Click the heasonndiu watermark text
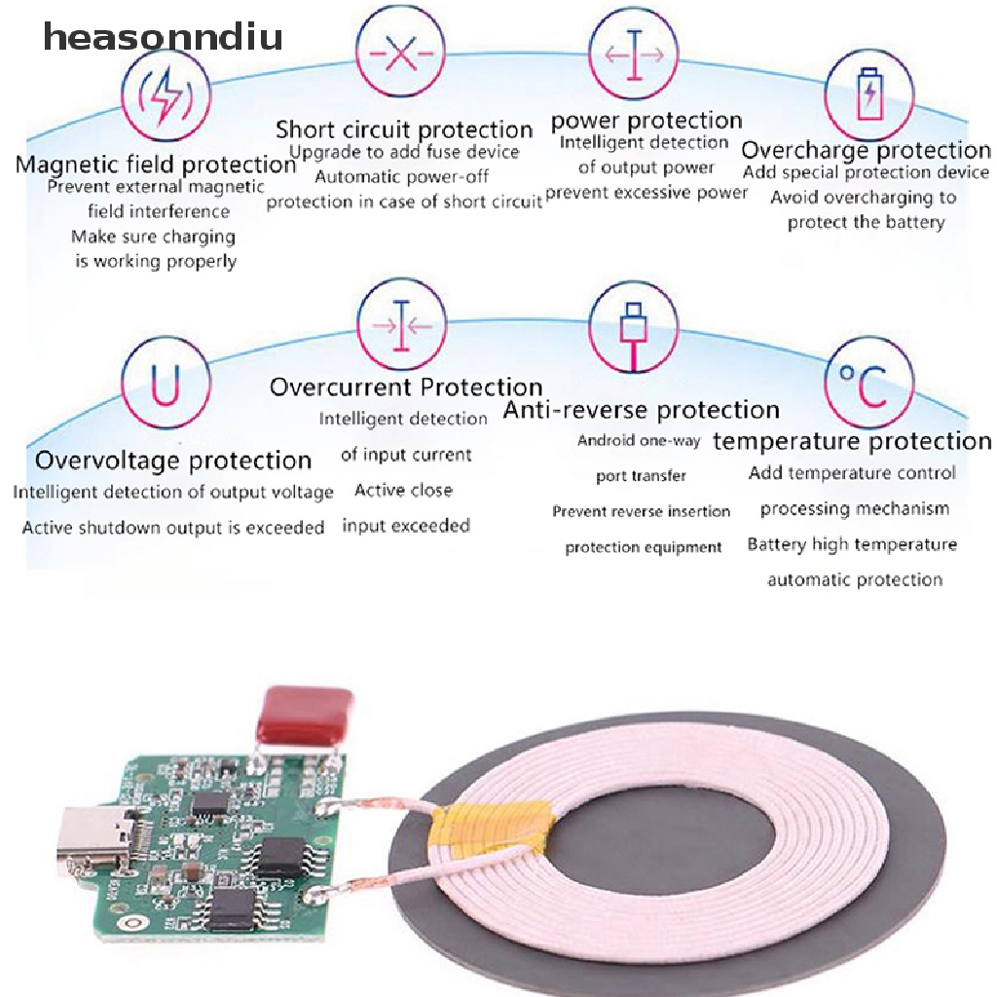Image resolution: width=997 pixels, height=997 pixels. tap(163, 36)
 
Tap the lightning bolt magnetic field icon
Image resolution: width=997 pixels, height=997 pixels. tap(166, 95)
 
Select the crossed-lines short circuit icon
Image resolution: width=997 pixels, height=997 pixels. tap(400, 53)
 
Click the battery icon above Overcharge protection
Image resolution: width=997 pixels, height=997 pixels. tap(869, 94)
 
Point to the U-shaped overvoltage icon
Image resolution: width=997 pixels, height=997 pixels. tap(166, 382)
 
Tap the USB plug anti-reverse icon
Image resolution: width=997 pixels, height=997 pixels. tap(633, 327)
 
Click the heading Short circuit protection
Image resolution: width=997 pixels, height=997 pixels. tap(404, 129)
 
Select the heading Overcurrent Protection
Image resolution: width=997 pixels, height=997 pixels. tap(406, 388)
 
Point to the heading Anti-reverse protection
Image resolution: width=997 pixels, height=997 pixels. tap(641, 410)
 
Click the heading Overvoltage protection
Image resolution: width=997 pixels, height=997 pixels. tap(173, 461)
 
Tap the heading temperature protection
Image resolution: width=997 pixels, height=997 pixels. tap(852, 441)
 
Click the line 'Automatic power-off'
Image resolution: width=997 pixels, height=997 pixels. tap(402, 176)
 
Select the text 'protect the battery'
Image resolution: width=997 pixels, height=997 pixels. tap(866, 222)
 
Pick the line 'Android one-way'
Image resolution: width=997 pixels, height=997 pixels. tap(639, 440)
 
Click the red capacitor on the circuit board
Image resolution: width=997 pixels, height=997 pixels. tap(305, 714)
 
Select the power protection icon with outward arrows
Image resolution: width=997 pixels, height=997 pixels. tap(633, 55)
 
